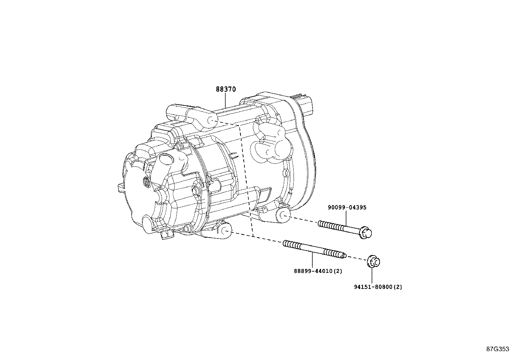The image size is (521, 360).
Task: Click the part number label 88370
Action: tap(225, 89)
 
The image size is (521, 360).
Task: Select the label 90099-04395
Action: tap(347, 207)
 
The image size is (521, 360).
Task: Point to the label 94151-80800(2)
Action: tap(378, 287)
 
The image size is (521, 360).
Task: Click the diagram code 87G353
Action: tap(497, 349)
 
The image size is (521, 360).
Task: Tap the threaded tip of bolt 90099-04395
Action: tap(321, 223)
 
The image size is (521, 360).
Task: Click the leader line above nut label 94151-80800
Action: tap(372, 275)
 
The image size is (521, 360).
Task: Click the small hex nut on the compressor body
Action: tap(197, 190)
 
